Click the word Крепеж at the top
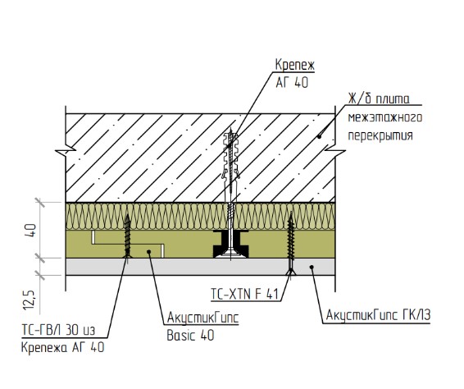295,65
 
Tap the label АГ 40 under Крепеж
292,82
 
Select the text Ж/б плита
379,98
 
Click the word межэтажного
385,117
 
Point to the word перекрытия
380,135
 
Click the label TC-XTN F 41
245,295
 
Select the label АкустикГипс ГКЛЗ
378,315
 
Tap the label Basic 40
190,336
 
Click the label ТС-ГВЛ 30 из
58,330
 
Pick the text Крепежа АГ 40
63,347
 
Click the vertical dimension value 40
31,230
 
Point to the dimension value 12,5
30,300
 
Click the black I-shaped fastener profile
231,244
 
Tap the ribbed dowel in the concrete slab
231,156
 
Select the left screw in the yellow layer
128,236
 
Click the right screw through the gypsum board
291,243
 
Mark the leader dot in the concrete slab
319,136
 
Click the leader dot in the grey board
312,267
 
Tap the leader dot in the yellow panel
149,252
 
